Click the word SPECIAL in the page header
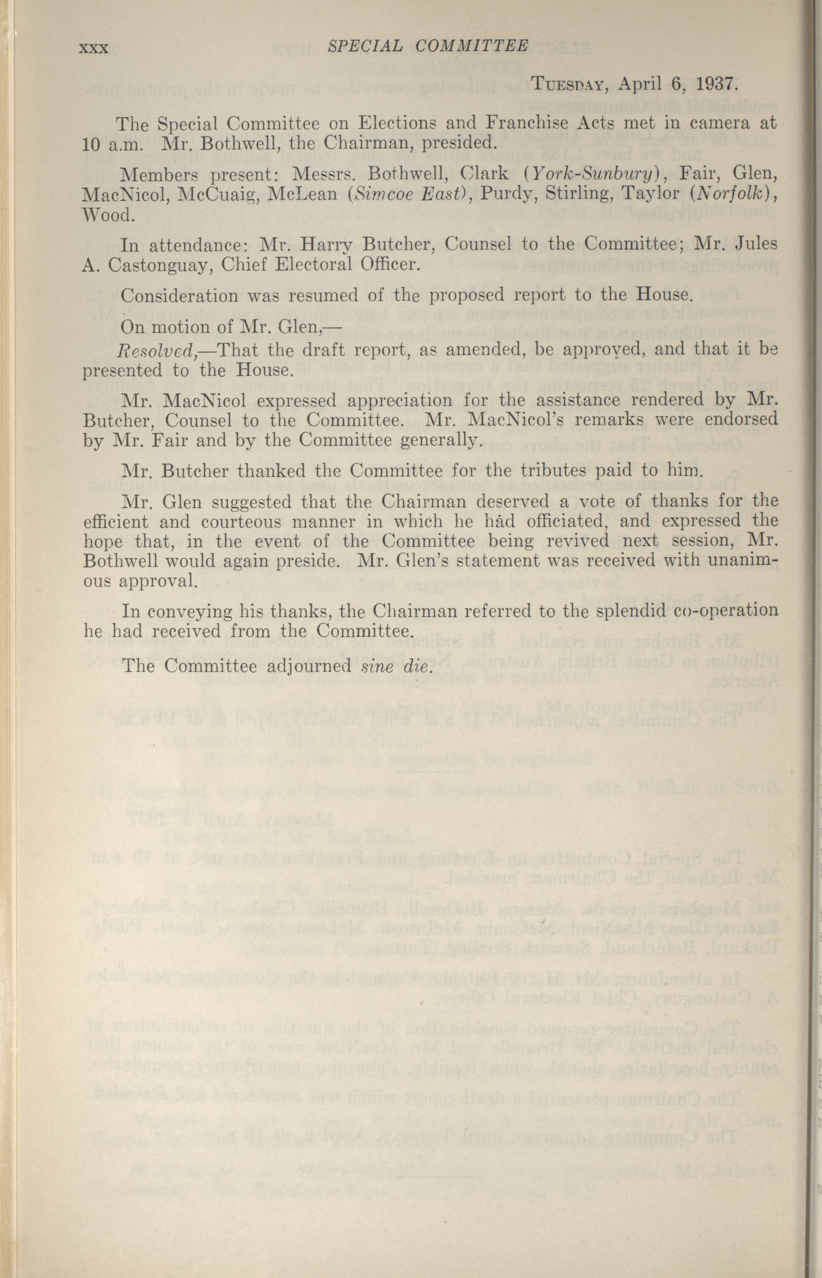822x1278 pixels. pos(364,46)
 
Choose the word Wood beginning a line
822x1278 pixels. pos(106,215)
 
